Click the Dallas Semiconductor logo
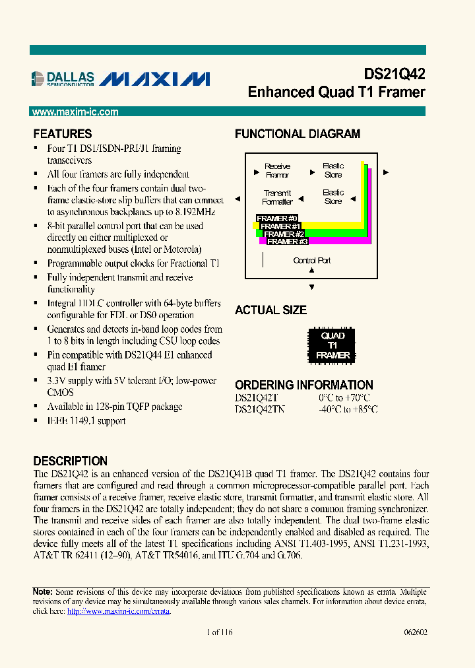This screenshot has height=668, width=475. click(x=63, y=79)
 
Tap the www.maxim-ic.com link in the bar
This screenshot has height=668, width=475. click(x=75, y=112)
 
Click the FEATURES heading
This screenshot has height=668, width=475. click(x=63, y=134)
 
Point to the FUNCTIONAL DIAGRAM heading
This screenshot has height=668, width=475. click(x=298, y=134)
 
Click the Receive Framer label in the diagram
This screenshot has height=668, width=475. click(x=277, y=171)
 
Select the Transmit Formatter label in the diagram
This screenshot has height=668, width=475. click(x=277, y=197)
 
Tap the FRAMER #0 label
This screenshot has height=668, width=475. click(x=277, y=218)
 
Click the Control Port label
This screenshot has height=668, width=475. click(x=312, y=261)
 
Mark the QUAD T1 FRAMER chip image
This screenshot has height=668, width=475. click(x=332, y=345)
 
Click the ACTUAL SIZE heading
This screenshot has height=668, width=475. click(x=270, y=310)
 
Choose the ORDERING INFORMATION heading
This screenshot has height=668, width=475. click(x=303, y=385)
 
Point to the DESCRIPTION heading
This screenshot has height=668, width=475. click(x=70, y=461)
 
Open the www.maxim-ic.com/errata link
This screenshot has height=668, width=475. click(x=118, y=612)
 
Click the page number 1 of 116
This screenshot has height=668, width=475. click(x=219, y=632)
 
